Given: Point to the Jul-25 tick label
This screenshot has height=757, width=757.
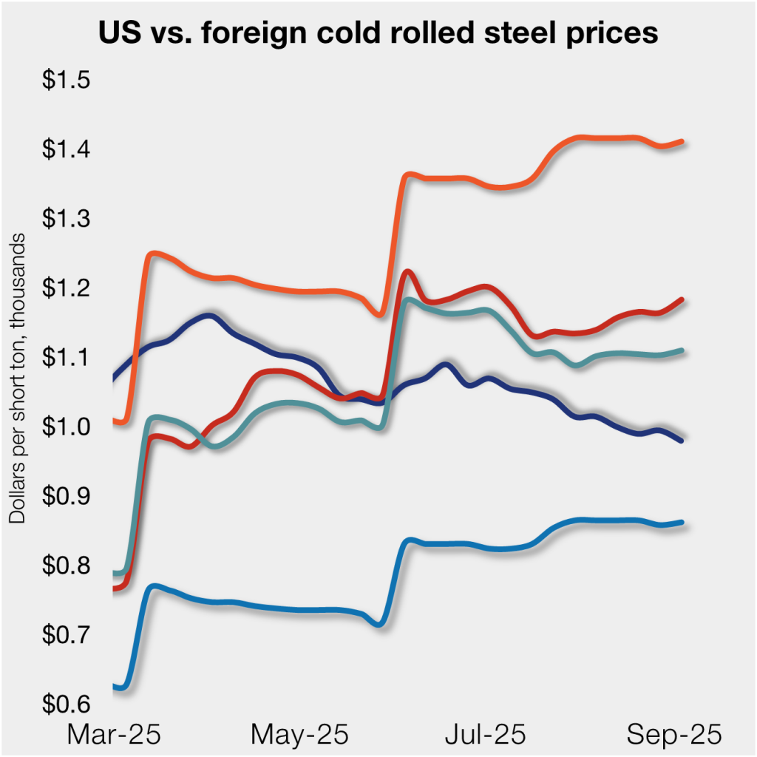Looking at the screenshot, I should pos(486,735).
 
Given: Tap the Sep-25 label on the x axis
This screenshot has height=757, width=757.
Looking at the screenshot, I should pos(673,735).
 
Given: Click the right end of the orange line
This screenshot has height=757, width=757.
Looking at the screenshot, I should pos(681,141).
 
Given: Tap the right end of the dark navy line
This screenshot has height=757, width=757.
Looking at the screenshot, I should pos(681,441).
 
